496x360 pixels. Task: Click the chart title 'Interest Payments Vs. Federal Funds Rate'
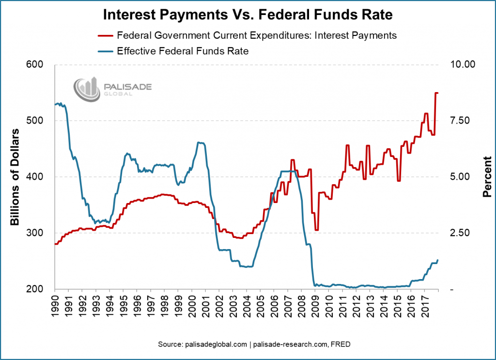[x=248, y=15]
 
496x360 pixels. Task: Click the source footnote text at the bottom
[x=248, y=344]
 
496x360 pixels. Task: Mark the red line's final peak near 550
[x=436, y=93]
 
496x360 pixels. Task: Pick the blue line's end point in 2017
[x=437, y=261]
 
